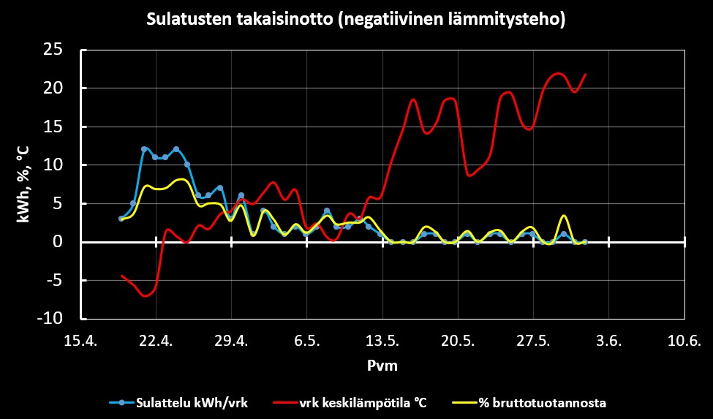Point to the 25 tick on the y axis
(53, 50)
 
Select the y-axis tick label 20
(53, 88)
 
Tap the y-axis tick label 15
(53, 127)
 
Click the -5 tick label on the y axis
(56, 281)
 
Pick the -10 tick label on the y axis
(52, 320)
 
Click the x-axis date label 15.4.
(80, 341)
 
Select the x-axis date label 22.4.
(156, 341)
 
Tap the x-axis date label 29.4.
(232, 341)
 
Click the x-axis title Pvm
(382, 366)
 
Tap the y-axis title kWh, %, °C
(22, 183)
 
